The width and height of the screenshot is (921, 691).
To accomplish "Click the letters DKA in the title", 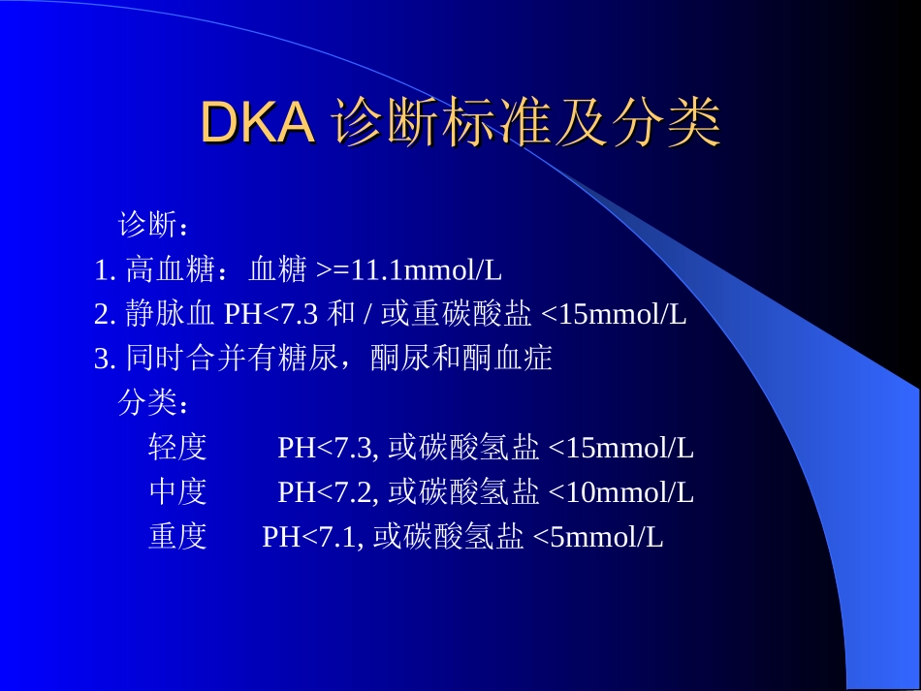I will click(x=257, y=122).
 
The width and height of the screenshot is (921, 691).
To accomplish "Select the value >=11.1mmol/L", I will click(x=408, y=270).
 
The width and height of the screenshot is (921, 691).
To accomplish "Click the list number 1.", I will click(x=105, y=270).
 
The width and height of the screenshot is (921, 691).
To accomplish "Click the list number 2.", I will click(x=105, y=315).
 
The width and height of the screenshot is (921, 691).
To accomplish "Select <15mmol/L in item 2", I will click(x=613, y=315).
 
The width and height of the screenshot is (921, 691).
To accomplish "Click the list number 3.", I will click(x=105, y=360).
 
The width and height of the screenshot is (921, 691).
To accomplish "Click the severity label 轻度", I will click(x=177, y=448).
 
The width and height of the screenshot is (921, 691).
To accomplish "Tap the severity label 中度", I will click(x=177, y=492).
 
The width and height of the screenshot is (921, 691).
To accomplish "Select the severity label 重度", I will click(x=177, y=537).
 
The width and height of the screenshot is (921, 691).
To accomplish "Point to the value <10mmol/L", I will click(x=620, y=492).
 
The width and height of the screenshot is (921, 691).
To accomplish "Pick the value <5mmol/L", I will click(x=598, y=537).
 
